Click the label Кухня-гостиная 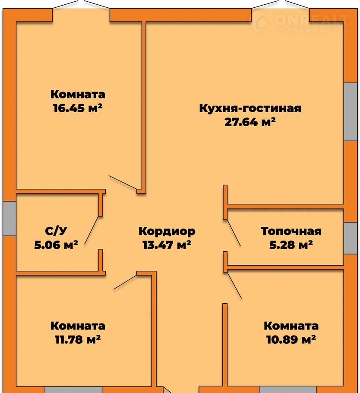(x=250, y=108)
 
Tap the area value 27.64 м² (x=250, y=122)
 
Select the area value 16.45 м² (x=78, y=108)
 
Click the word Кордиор (x=167, y=231)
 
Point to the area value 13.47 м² (x=167, y=244)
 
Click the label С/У (x=56, y=231)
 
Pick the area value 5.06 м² (x=56, y=244)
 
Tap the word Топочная (x=291, y=231)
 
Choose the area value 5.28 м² (x=291, y=244)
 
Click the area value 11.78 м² (x=78, y=339)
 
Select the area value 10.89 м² (x=291, y=339)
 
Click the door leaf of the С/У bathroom (x=92, y=230)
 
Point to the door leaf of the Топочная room (x=234, y=233)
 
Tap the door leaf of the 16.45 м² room (x=123, y=182)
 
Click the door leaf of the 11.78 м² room (x=125, y=282)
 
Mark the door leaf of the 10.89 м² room (x=234, y=285)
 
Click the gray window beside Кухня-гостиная (x=351, y=111)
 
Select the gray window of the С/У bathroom (x=9, y=218)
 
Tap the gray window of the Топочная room (x=351, y=238)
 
